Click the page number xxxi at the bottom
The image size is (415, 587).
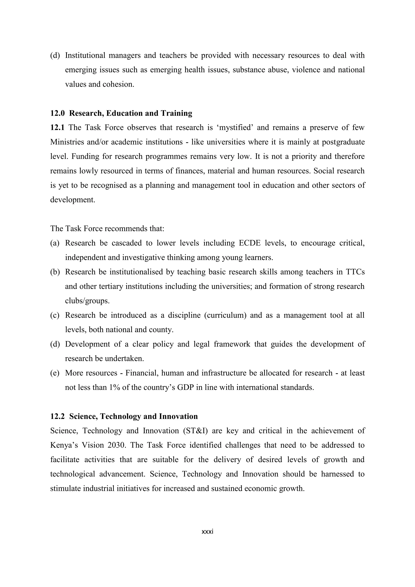point(207,532)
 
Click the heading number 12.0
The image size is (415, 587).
point(58,113)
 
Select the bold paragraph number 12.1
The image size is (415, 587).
point(58,127)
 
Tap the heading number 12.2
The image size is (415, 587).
point(58,416)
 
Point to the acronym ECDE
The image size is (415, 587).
point(250,243)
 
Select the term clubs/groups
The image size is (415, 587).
point(87,301)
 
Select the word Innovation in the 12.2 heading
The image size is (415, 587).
point(178,416)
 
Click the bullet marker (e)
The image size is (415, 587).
point(55,373)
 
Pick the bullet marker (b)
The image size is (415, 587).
point(55,272)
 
